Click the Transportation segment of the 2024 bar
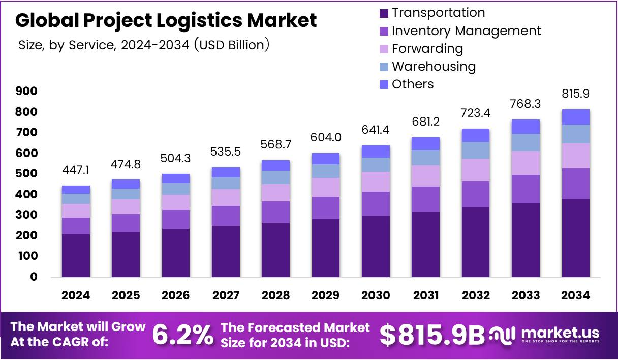[x=76, y=256]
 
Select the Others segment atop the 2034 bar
[x=575, y=117]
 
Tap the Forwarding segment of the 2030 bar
[x=376, y=182]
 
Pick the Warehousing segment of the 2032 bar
[x=476, y=150]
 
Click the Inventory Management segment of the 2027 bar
[x=226, y=216]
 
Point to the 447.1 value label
[x=76, y=170]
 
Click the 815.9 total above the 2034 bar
[x=575, y=94]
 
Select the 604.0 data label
[x=326, y=137]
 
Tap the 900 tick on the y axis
[x=26, y=91]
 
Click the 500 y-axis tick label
[x=26, y=174]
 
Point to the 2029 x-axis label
[x=326, y=295]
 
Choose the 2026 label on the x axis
[x=176, y=295]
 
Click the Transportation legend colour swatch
[x=384, y=13]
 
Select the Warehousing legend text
[x=434, y=66]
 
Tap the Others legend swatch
[x=384, y=84]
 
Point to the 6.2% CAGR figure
[x=183, y=335]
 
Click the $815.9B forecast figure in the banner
[x=432, y=335]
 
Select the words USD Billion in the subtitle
[x=232, y=45]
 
